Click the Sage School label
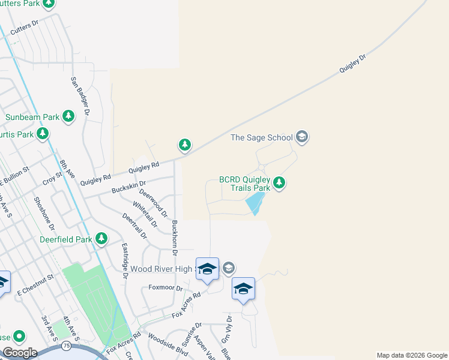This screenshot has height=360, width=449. click(x=263, y=138)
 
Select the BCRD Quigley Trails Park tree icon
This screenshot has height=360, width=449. click(x=279, y=183)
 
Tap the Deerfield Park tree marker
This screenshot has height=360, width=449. click(x=101, y=239)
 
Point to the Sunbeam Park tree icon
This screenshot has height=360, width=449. click(x=69, y=116)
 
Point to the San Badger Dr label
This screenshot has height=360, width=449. click(x=79, y=96)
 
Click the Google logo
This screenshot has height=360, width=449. click(x=20, y=352)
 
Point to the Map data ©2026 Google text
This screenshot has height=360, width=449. click(x=411, y=355)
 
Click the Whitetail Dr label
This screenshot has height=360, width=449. click(x=145, y=214)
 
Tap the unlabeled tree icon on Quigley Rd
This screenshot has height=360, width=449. click(x=185, y=145)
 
